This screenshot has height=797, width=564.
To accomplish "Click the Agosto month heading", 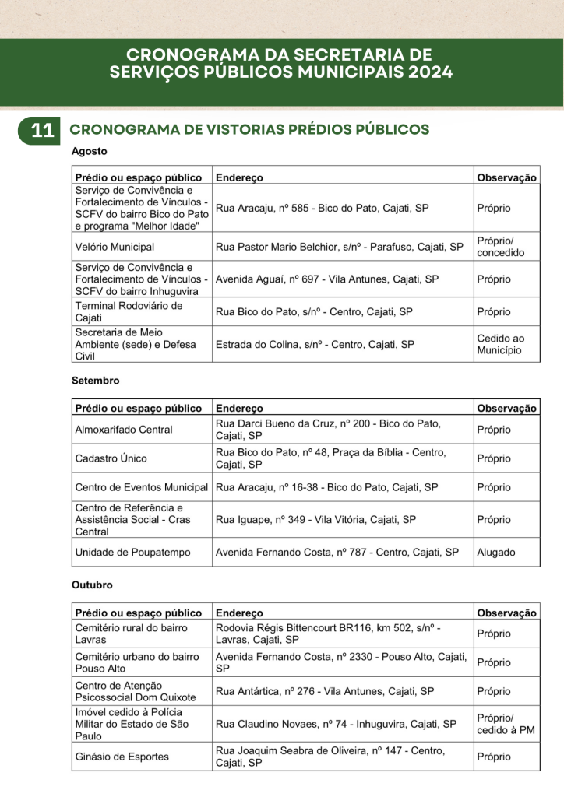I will pos(90,152).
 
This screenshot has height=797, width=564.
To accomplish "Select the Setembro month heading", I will pos(96,381).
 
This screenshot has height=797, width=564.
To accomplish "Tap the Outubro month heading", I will pos(93,585).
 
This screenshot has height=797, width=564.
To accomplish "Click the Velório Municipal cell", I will pos(115,247).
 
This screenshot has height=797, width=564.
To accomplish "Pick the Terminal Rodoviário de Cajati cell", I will pos(129,312).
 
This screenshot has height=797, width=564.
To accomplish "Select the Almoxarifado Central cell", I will pos(124,430).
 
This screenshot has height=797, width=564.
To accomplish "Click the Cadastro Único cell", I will pos(111,458).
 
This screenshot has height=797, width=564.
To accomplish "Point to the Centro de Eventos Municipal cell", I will pos(142,487).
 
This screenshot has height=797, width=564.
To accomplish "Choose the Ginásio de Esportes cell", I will pos(122,757).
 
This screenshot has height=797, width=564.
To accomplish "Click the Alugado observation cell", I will pos(496,553).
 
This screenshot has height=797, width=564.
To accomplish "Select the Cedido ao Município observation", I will pos(499,345).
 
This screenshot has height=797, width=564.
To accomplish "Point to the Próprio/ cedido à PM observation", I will pos(506,724).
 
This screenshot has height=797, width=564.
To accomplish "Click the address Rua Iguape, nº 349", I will pos(315,519).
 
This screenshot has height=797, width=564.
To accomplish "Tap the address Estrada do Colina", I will pos(315,344).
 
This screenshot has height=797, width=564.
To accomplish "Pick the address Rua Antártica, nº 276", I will pos(325,691).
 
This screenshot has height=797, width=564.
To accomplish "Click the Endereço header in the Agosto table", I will pos(239,177).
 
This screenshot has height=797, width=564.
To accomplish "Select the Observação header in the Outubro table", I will pos(506,613).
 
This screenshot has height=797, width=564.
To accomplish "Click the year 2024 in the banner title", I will pos(425,72).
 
